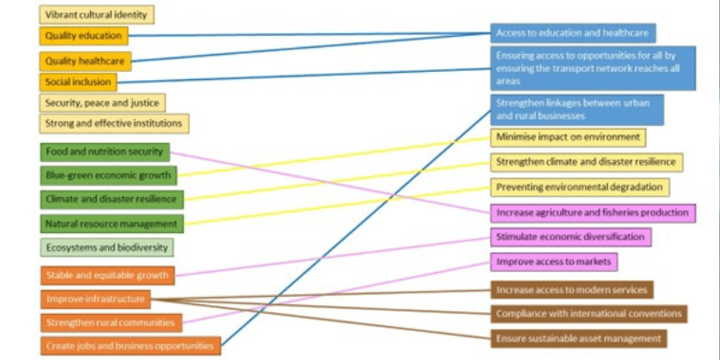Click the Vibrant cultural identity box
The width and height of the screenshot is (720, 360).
[x=97, y=14]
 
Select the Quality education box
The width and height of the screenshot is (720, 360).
[x=84, y=36]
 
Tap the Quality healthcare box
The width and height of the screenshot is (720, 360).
[x=86, y=61]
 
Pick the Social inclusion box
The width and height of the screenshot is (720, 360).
[x=78, y=82]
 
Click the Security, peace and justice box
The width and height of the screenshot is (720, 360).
[x=103, y=103]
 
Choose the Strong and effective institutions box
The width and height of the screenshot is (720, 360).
[x=114, y=123]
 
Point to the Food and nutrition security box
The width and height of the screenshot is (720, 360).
[x=104, y=152]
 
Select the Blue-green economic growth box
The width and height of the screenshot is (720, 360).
[x=109, y=175]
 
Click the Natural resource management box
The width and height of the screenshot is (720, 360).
[x=112, y=222]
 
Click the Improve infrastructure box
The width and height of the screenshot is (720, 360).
[x=94, y=299]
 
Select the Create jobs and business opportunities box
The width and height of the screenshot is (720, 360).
[x=130, y=346]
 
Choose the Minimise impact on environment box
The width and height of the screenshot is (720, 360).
[x=568, y=138]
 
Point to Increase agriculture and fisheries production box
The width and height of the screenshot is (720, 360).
[x=593, y=213]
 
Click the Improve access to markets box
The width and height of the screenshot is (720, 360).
[x=553, y=262]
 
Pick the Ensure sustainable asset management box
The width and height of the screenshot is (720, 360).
[x=579, y=338]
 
